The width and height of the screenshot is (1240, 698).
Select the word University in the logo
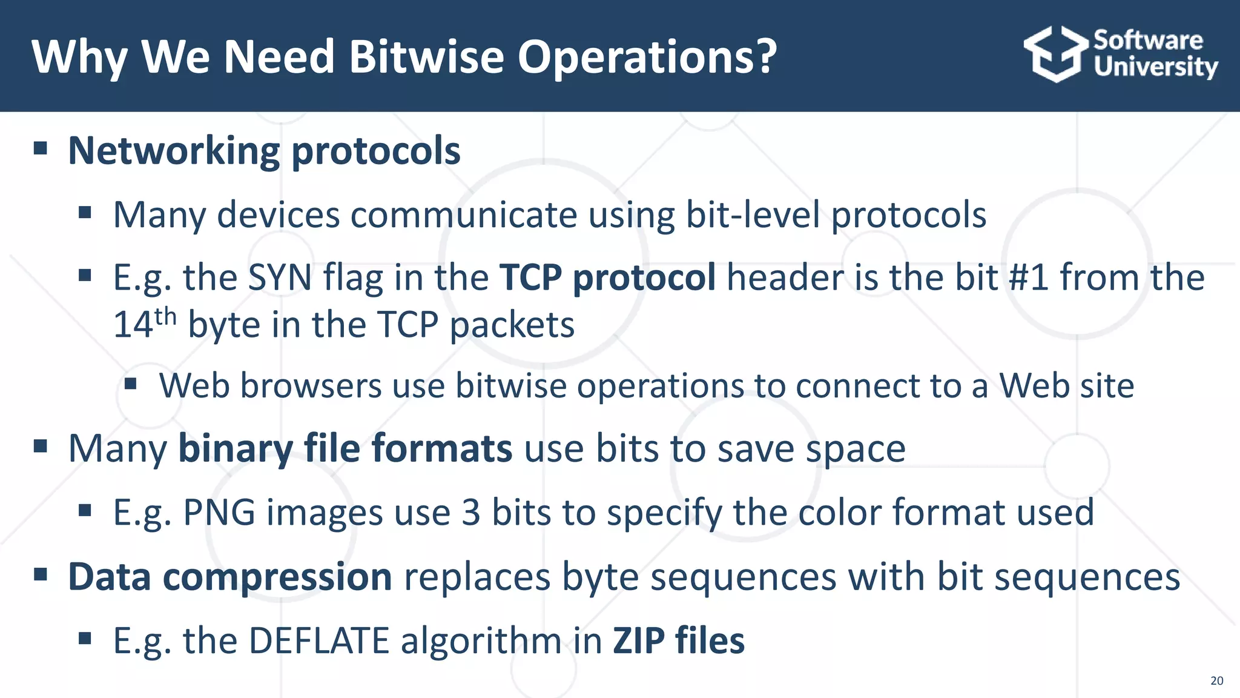[x=1155, y=67]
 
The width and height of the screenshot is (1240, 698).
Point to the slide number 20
[x=1216, y=680]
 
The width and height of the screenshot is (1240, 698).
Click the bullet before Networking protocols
[x=41, y=148]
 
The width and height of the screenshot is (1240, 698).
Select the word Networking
[x=174, y=151]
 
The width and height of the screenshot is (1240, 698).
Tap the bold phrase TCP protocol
[x=607, y=278]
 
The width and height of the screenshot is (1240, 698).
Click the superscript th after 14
[x=165, y=316]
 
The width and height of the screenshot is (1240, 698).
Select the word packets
[x=512, y=325]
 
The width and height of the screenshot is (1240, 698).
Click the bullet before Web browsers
[x=131, y=384]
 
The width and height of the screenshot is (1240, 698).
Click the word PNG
[x=219, y=513]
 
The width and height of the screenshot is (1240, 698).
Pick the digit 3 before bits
[x=470, y=513]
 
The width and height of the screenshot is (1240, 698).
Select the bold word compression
[x=277, y=577]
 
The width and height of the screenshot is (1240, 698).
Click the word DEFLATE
[x=318, y=641]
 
